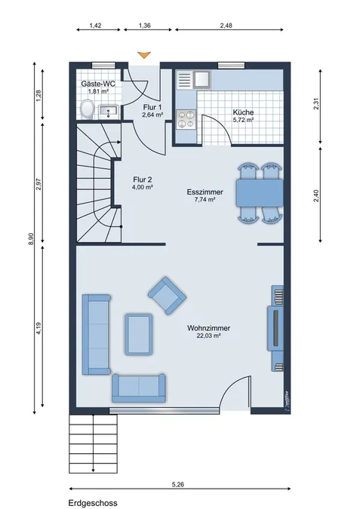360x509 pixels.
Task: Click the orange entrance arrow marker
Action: (x=144, y=55)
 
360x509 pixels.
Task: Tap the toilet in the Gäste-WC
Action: (x=87, y=109)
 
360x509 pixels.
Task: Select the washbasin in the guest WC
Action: (x=108, y=111)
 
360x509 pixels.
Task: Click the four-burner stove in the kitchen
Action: (x=186, y=119)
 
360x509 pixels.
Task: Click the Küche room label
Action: (x=243, y=112)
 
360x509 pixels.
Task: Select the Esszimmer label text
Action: (x=205, y=192)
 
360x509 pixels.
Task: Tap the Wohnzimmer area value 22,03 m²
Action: (x=208, y=336)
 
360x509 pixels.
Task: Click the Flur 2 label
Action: (x=143, y=179)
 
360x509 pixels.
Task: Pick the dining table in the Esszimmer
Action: (x=260, y=193)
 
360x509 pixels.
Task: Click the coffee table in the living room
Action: (x=139, y=334)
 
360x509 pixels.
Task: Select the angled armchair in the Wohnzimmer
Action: (x=167, y=296)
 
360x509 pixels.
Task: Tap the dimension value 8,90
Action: (x=31, y=239)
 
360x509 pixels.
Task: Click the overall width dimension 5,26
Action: (x=178, y=485)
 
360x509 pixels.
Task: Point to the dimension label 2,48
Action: (x=226, y=26)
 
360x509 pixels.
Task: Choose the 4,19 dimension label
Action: (x=38, y=328)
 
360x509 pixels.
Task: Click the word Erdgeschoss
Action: (x=93, y=503)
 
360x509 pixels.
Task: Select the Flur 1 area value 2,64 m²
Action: (x=152, y=115)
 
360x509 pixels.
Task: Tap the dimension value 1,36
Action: (x=145, y=26)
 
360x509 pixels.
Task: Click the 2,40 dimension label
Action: (x=316, y=195)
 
